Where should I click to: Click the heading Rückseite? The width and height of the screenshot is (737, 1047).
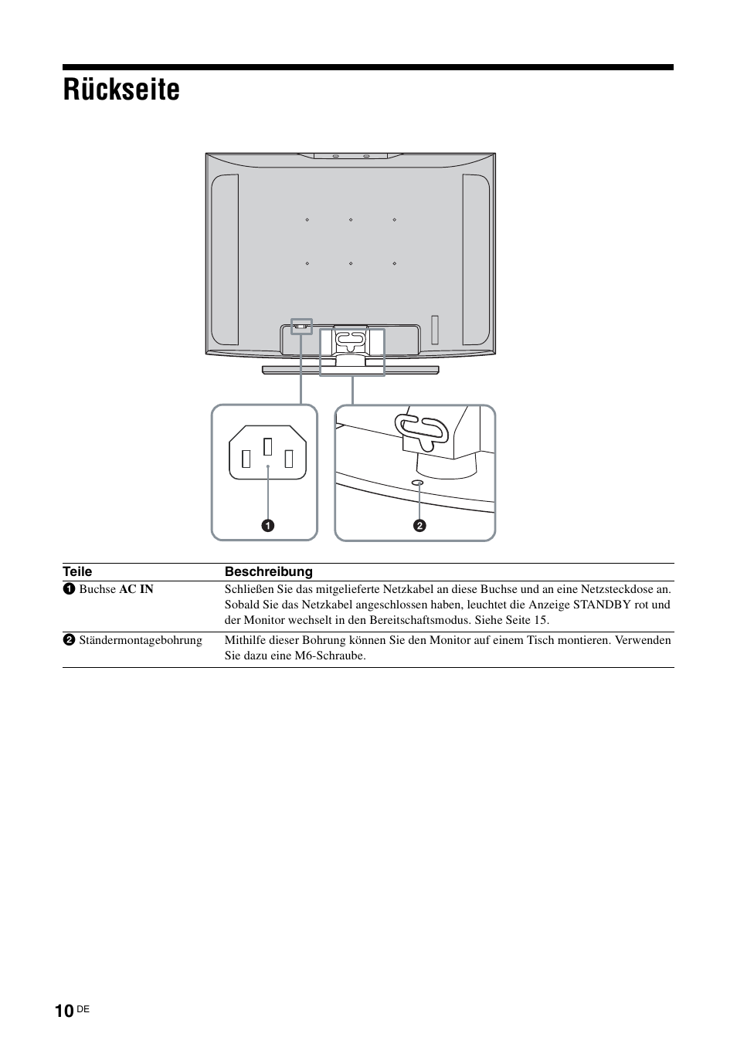pos(121,90)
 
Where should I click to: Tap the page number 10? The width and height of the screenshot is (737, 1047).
pos(65,1011)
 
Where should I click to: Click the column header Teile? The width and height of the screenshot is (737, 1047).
pos(77,571)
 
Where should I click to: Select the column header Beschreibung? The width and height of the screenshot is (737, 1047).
pos(268,571)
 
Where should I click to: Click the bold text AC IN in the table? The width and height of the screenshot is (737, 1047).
pos(136,589)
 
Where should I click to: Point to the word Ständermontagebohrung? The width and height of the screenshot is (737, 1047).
pos(140,640)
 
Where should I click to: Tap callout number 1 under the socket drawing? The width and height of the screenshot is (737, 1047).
pos(267,526)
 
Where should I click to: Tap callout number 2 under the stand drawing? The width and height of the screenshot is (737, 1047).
pos(419,526)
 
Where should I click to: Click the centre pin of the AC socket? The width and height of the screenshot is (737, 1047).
pos(268,446)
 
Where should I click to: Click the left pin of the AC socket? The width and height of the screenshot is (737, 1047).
pos(246,459)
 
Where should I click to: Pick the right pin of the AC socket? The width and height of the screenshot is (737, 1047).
pos(289,459)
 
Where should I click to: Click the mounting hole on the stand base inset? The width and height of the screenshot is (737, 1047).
pos(418,483)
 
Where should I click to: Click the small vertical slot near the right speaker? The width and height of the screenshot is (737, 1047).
pos(435,328)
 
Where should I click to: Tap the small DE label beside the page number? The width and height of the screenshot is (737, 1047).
pos(83,1009)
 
